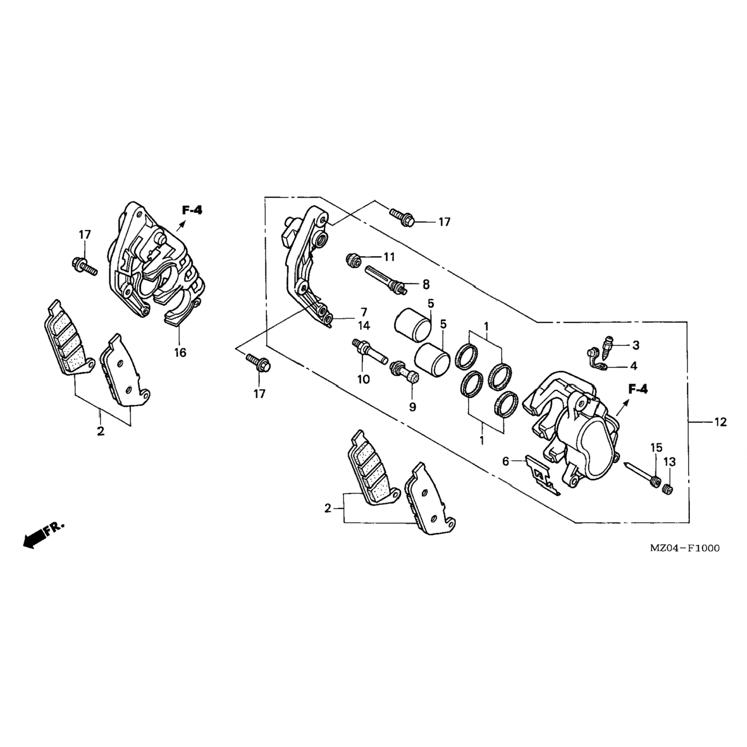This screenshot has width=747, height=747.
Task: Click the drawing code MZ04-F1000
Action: tap(684, 548)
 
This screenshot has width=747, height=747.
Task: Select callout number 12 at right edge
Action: tap(720, 422)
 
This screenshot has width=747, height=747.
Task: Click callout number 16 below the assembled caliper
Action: tap(180, 353)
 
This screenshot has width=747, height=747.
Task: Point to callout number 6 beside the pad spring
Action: tap(505, 462)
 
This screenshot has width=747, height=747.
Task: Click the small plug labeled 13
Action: tap(667, 491)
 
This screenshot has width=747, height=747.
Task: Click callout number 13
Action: tap(670, 463)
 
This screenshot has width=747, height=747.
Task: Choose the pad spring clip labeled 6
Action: tap(541, 474)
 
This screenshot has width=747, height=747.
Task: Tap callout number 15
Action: tap(655, 447)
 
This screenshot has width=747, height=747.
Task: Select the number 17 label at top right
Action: tap(444, 222)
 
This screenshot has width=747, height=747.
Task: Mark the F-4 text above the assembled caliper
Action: tap(192, 210)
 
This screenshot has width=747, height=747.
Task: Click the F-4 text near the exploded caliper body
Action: tap(638, 389)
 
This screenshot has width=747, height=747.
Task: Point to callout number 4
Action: tap(633, 366)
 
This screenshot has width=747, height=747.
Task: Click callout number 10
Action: tap(364, 379)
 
